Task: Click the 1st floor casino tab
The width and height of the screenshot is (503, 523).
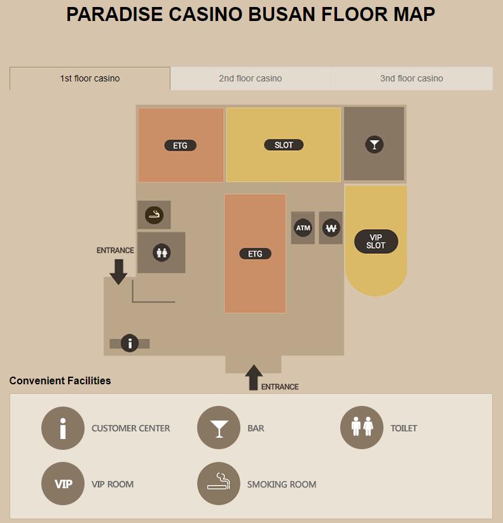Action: point(90,78)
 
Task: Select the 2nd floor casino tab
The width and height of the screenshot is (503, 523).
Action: point(251,78)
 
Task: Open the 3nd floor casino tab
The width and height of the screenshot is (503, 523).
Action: point(411,78)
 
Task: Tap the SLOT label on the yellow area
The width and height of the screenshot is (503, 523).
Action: point(284,145)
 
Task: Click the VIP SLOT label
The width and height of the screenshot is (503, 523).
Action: point(376,242)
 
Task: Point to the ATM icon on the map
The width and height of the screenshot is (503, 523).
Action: point(303,228)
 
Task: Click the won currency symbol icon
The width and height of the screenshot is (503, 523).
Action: point(331,228)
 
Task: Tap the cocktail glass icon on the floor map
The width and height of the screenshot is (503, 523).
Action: point(375,145)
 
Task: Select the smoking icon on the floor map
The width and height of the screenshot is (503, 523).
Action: point(154,215)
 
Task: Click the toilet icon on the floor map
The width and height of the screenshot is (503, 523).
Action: point(162,253)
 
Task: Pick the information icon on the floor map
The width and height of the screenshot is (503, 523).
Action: point(130,343)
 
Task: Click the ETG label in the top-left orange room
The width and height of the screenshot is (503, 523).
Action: point(181,146)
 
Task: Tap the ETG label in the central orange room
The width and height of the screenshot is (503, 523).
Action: point(256,254)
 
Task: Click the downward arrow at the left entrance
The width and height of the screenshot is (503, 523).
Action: point(119,272)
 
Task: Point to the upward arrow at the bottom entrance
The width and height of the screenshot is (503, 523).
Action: point(254,377)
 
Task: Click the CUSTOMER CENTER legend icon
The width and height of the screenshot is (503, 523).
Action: point(63,428)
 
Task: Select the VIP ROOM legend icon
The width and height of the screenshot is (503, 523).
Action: point(63,484)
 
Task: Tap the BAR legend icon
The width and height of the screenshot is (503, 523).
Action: point(219,428)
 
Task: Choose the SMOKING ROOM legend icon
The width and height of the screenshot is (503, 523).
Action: point(219,484)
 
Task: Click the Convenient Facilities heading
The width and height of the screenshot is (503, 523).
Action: point(60,380)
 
